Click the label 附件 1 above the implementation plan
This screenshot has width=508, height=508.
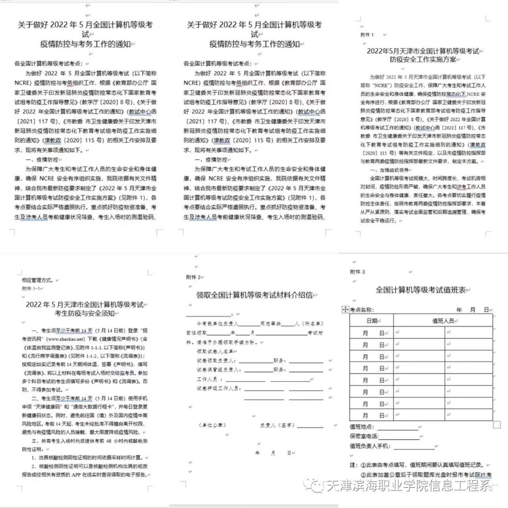(x=366, y=34)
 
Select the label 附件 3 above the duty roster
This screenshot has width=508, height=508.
(x=357, y=272)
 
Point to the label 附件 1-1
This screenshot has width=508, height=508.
(x=31, y=288)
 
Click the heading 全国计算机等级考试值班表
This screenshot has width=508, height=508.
(x=421, y=290)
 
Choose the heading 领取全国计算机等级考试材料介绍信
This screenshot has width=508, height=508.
(x=254, y=295)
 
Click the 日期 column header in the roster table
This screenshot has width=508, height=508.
(x=371, y=321)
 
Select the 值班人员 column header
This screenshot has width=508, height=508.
(x=443, y=321)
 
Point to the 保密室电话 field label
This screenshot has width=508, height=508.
(x=365, y=436)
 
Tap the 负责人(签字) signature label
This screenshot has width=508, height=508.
(x=275, y=425)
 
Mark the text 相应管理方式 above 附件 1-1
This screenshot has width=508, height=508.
(x=37, y=279)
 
